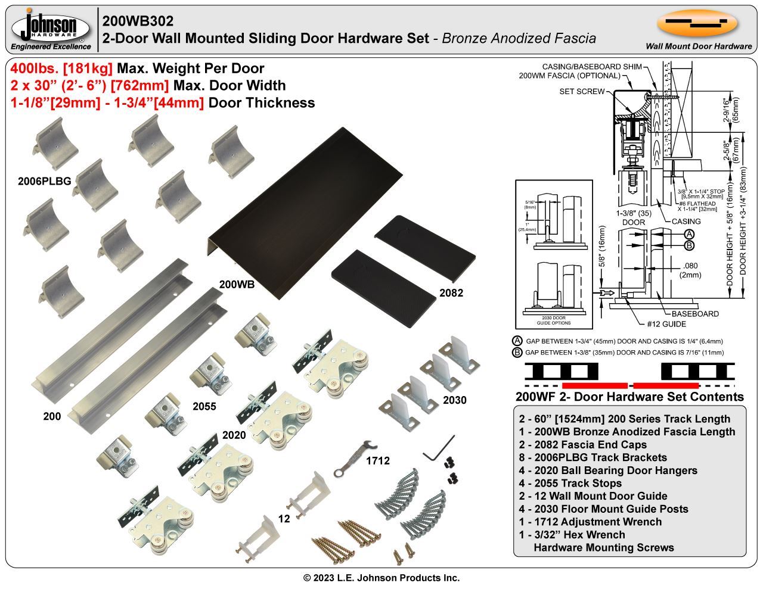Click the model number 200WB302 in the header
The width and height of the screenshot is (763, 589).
[x=138, y=21]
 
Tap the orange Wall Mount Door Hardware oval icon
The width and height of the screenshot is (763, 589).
[x=697, y=23]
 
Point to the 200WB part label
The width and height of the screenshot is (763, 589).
[x=237, y=285]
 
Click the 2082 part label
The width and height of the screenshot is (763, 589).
[x=451, y=293]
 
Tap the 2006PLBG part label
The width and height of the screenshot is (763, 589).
[x=44, y=182]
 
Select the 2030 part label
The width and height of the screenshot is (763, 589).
[x=454, y=400]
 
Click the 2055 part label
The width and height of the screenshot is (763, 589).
[x=204, y=407]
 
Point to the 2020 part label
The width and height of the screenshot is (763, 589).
[x=234, y=435]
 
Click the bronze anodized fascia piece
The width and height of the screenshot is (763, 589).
[x=280, y=208]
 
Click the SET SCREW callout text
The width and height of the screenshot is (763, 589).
[x=581, y=92]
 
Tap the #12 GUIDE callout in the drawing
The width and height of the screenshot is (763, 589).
[x=666, y=324]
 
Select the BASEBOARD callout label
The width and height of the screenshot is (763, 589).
[x=695, y=314]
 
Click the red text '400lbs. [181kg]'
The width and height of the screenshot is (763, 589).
[x=62, y=68]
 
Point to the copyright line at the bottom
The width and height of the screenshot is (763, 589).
[x=381, y=578]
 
